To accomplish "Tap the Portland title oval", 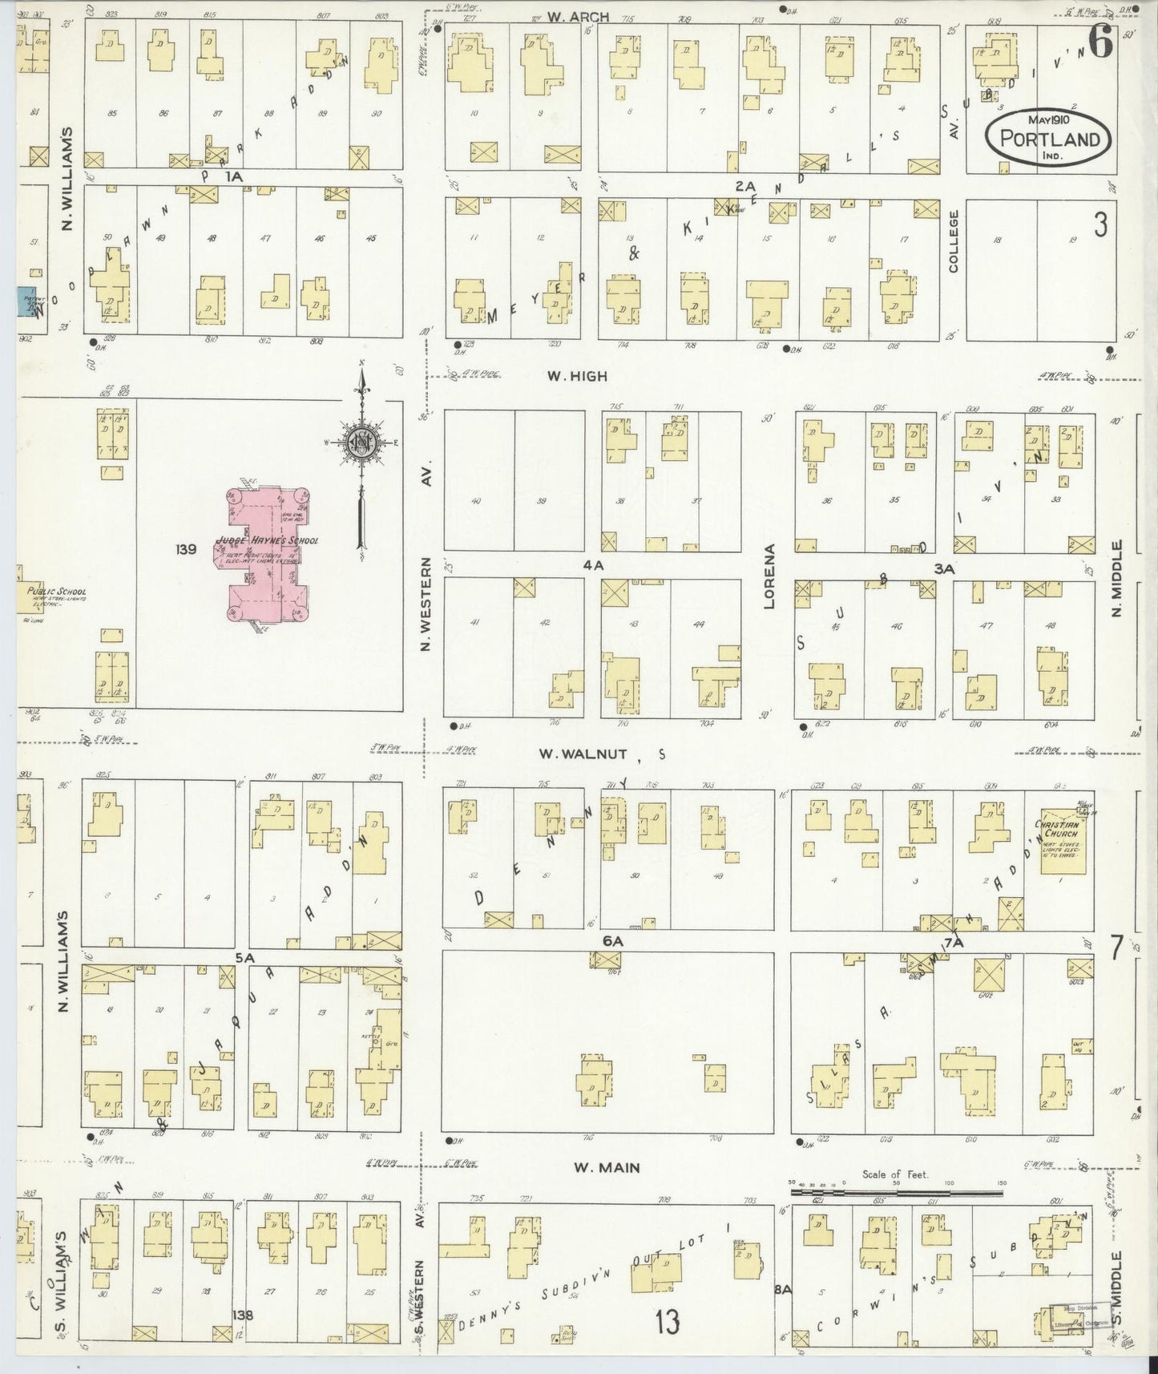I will coord(1047,139).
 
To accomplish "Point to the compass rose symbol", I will coord(362,442).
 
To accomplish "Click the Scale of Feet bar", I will coord(895,1192).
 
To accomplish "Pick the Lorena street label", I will coord(770,576).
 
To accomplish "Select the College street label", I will coord(954,241).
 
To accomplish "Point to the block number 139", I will coord(186,549).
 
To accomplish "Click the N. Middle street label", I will coord(1117,579).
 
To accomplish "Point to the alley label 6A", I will coord(614,940).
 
